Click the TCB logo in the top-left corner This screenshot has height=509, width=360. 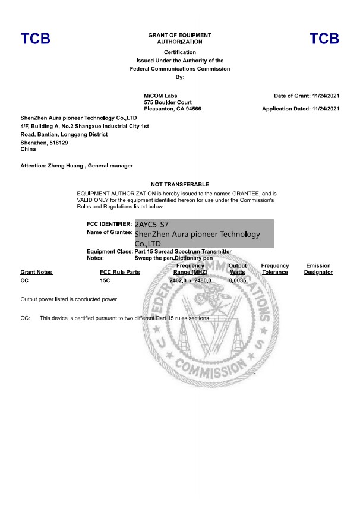[x=36, y=39]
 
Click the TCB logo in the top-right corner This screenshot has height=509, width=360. [x=324, y=39]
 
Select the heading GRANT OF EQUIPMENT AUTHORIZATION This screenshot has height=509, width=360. [x=179, y=39]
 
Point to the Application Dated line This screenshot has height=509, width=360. [x=301, y=109]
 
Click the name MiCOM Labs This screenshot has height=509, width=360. [x=160, y=96]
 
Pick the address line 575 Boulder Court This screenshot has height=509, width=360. [x=169, y=102]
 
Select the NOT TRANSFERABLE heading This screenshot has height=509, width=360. [x=180, y=185]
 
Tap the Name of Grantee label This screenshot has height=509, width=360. [x=109, y=232]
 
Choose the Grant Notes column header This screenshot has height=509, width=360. [x=37, y=273]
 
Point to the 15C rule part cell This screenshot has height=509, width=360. [x=105, y=280]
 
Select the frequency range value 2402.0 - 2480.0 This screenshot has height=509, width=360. [x=191, y=280]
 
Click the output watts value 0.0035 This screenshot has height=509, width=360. [x=238, y=280]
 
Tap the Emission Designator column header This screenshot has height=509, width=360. [x=318, y=269]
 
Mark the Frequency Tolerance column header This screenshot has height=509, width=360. [x=275, y=269]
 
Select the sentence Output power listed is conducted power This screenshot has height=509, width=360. [x=69, y=299]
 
